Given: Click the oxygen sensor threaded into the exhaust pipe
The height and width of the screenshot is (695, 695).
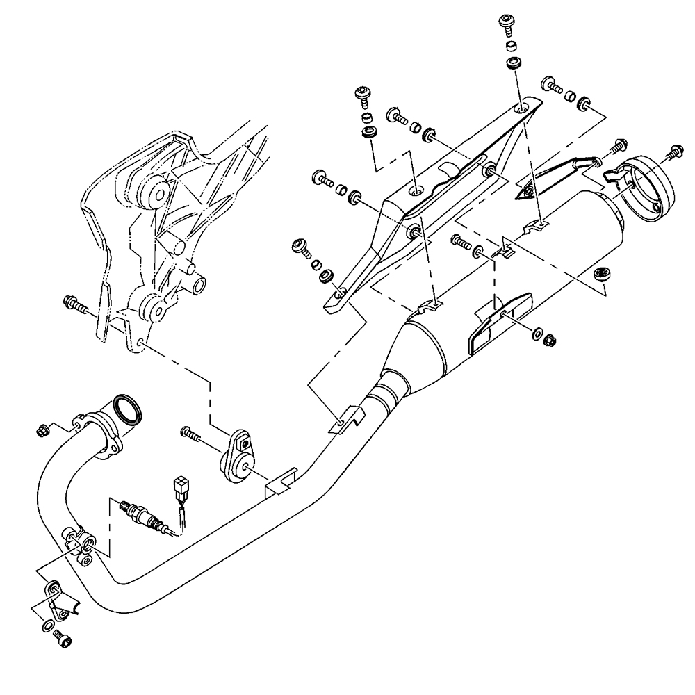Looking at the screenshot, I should click(x=138, y=515).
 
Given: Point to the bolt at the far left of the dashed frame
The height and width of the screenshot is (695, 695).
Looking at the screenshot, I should click(x=74, y=304).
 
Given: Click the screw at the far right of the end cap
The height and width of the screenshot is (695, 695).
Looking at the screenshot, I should click(x=673, y=151).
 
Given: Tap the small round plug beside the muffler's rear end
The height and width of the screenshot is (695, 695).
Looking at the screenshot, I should click(x=602, y=272).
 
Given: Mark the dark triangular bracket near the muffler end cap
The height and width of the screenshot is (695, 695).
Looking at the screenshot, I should click(x=553, y=177).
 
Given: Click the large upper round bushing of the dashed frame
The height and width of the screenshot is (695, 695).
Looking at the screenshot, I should click(x=153, y=192).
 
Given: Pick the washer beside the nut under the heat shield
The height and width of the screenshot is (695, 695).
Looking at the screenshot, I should click(x=538, y=332).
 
